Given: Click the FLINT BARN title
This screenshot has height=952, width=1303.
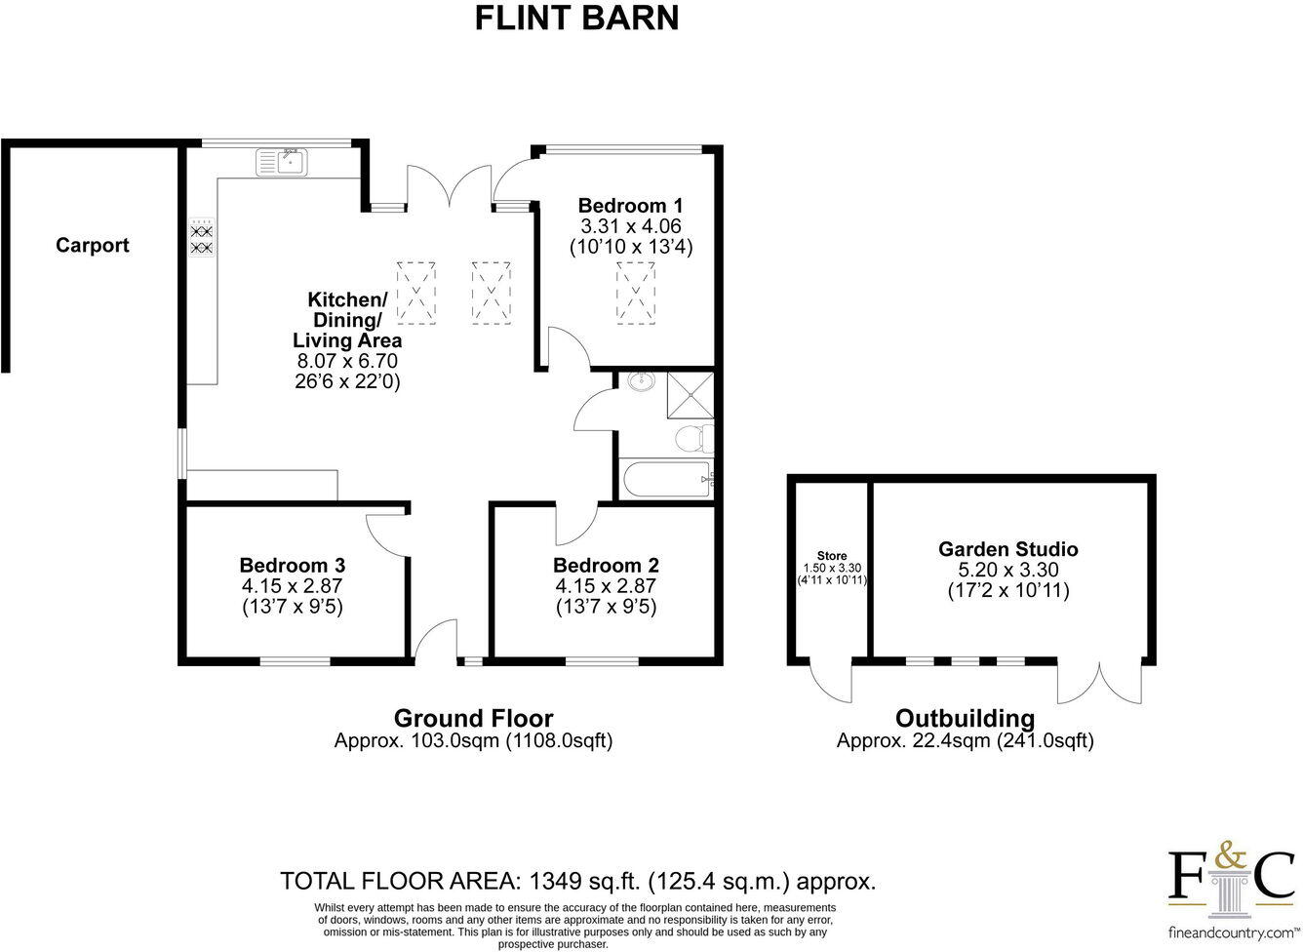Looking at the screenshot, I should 576,19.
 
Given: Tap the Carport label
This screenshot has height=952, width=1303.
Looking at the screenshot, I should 93,245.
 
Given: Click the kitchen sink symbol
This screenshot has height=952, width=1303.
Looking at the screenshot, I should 282,161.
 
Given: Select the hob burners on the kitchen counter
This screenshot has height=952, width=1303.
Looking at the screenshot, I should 201,239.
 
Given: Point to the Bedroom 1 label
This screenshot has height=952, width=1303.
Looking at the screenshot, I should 630,206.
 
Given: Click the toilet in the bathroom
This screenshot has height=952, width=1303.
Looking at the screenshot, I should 693,438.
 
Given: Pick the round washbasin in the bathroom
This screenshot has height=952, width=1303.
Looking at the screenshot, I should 642,381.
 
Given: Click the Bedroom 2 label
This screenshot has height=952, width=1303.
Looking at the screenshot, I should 606,566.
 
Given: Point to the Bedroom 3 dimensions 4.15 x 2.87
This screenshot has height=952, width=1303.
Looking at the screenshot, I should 293,586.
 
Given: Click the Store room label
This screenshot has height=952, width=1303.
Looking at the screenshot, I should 832,556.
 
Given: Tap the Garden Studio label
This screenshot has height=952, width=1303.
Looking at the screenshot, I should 1008,549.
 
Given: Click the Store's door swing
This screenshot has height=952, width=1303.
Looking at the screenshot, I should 832,681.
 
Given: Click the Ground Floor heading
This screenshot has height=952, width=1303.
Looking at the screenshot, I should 473,719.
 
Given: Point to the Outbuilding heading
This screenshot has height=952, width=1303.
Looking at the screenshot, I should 965,719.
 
